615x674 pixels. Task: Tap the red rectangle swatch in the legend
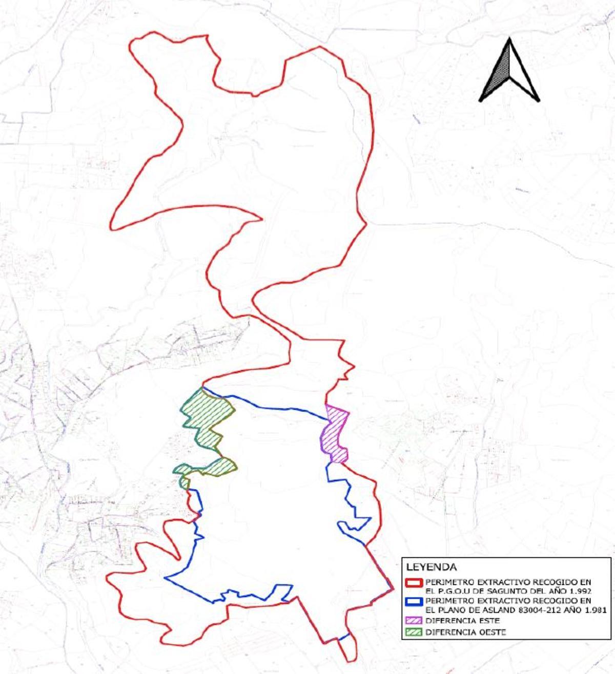point(414,583)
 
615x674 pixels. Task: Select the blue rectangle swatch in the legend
point(414,600)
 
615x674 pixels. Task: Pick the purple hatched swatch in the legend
point(414,621)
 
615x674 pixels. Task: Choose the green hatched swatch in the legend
point(414,632)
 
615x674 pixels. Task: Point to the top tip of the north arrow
point(509,38)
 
